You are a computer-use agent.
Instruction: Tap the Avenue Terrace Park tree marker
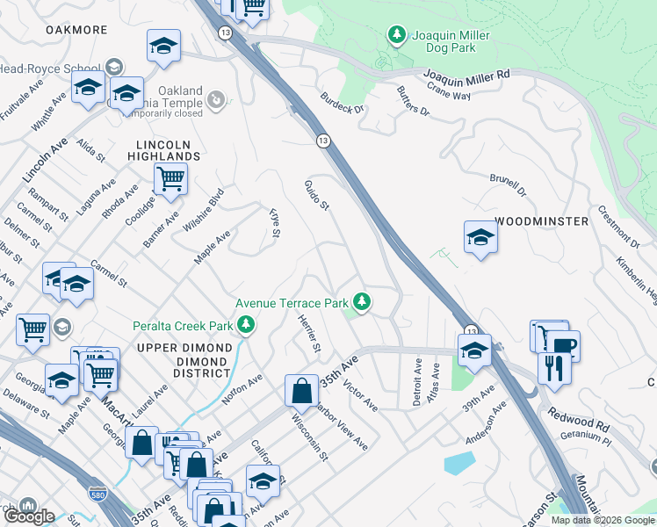coord(362,302)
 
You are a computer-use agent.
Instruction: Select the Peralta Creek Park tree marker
coord(247,326)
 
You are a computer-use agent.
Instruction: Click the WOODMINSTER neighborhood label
coord(541,221)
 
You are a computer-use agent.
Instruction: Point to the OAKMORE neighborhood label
coord(76,30)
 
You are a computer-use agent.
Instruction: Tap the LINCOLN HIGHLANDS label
coord(168,150)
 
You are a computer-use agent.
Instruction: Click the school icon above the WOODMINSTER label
coord(480,237)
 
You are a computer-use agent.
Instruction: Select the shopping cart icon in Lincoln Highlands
coord(170,178)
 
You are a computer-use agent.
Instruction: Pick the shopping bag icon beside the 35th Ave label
coord(301,389)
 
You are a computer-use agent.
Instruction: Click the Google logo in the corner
coord(29,516)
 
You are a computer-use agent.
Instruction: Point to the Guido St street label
coord(316,195)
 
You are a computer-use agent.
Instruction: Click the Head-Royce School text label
coord(49,68)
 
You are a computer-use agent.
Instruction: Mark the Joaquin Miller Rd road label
coord(466,76)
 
